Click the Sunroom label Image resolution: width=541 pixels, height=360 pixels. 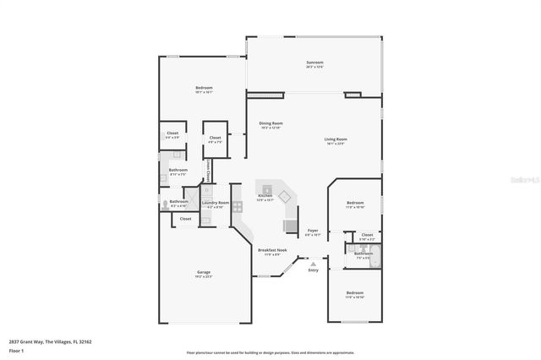point(314,63)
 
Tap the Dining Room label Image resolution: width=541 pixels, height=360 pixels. point(270,124)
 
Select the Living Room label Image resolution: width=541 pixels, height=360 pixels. point(336,139)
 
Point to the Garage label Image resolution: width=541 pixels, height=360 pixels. point(204,272)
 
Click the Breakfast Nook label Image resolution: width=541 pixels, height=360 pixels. point(272,249)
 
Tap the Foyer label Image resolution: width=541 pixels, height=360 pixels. point(313,230)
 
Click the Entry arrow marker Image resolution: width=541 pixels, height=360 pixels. point(313,264)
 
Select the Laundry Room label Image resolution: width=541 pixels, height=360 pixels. point(216,203)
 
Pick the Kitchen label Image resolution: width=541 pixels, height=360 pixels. point(265,196)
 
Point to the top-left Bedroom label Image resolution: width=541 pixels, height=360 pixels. point(204,88)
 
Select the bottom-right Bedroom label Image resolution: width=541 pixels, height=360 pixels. point(354,295)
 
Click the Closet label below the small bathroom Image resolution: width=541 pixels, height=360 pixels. point(185,218)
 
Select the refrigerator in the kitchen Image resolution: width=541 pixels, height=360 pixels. point(291,226)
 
